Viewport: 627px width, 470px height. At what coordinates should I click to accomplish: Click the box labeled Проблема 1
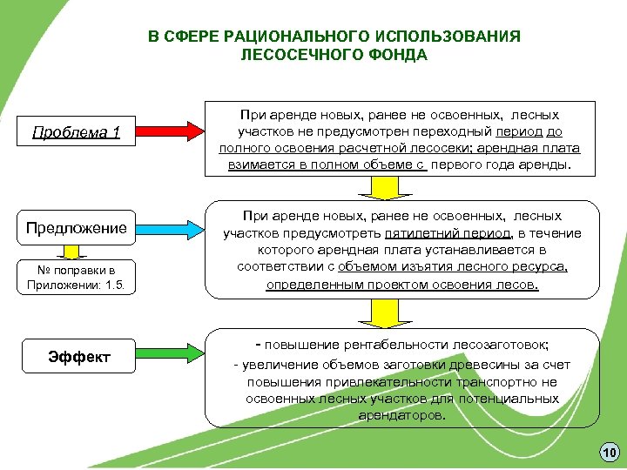pos(76,132)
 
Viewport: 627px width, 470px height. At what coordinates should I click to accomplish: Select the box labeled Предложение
pos(76,228)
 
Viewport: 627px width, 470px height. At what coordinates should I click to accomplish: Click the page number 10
pos(608,453)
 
